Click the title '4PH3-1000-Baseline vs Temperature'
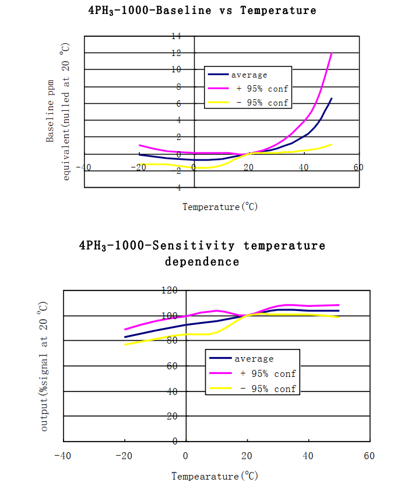tap(203, 11)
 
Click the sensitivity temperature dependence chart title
tap(202, 253)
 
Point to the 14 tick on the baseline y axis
tap(175, 36)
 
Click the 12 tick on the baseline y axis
tap(175, 53)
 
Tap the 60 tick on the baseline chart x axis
tap(358, 167)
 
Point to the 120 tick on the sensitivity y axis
tap(169, 290)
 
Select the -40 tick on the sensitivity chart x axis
tap(63, 455)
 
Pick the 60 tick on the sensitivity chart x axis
tap(368, 455)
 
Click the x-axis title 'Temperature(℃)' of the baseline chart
tap(220, 207)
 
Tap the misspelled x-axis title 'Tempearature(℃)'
tap(214, 476)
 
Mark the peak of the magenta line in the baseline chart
tap(332, 53)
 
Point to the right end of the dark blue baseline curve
tap(332, 98)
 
